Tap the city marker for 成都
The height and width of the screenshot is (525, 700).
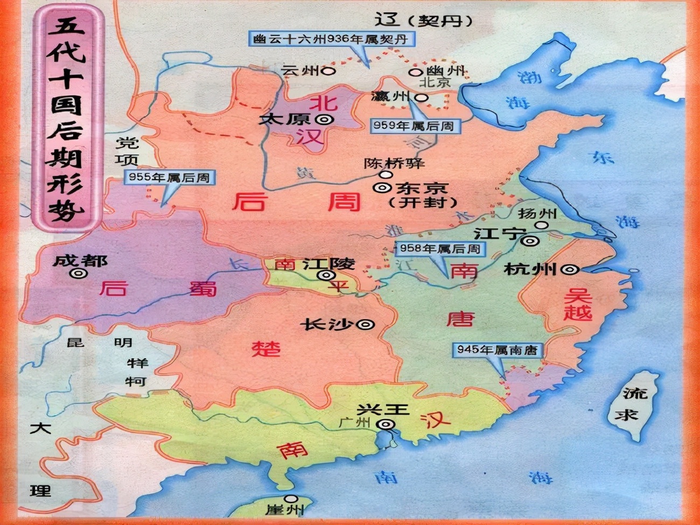pos(79,273)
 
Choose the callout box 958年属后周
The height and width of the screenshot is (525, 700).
pos(439,249)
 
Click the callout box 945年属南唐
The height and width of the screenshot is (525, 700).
pos(496,350)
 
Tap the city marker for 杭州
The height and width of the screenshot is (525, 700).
pos(570,269)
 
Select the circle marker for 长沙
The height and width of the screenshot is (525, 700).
pos(366,324)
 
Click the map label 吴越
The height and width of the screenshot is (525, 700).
pos(577,304)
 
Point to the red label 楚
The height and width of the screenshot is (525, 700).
pos(266,348)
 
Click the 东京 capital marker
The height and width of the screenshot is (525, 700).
pos(383,188)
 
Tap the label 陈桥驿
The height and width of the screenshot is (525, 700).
pos(394,163)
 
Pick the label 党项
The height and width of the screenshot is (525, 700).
pos(128,151)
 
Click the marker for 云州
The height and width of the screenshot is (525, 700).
pos(328,70)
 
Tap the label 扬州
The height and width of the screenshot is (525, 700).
pos(536,213)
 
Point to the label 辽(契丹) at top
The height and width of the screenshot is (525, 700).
pos(423,20)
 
